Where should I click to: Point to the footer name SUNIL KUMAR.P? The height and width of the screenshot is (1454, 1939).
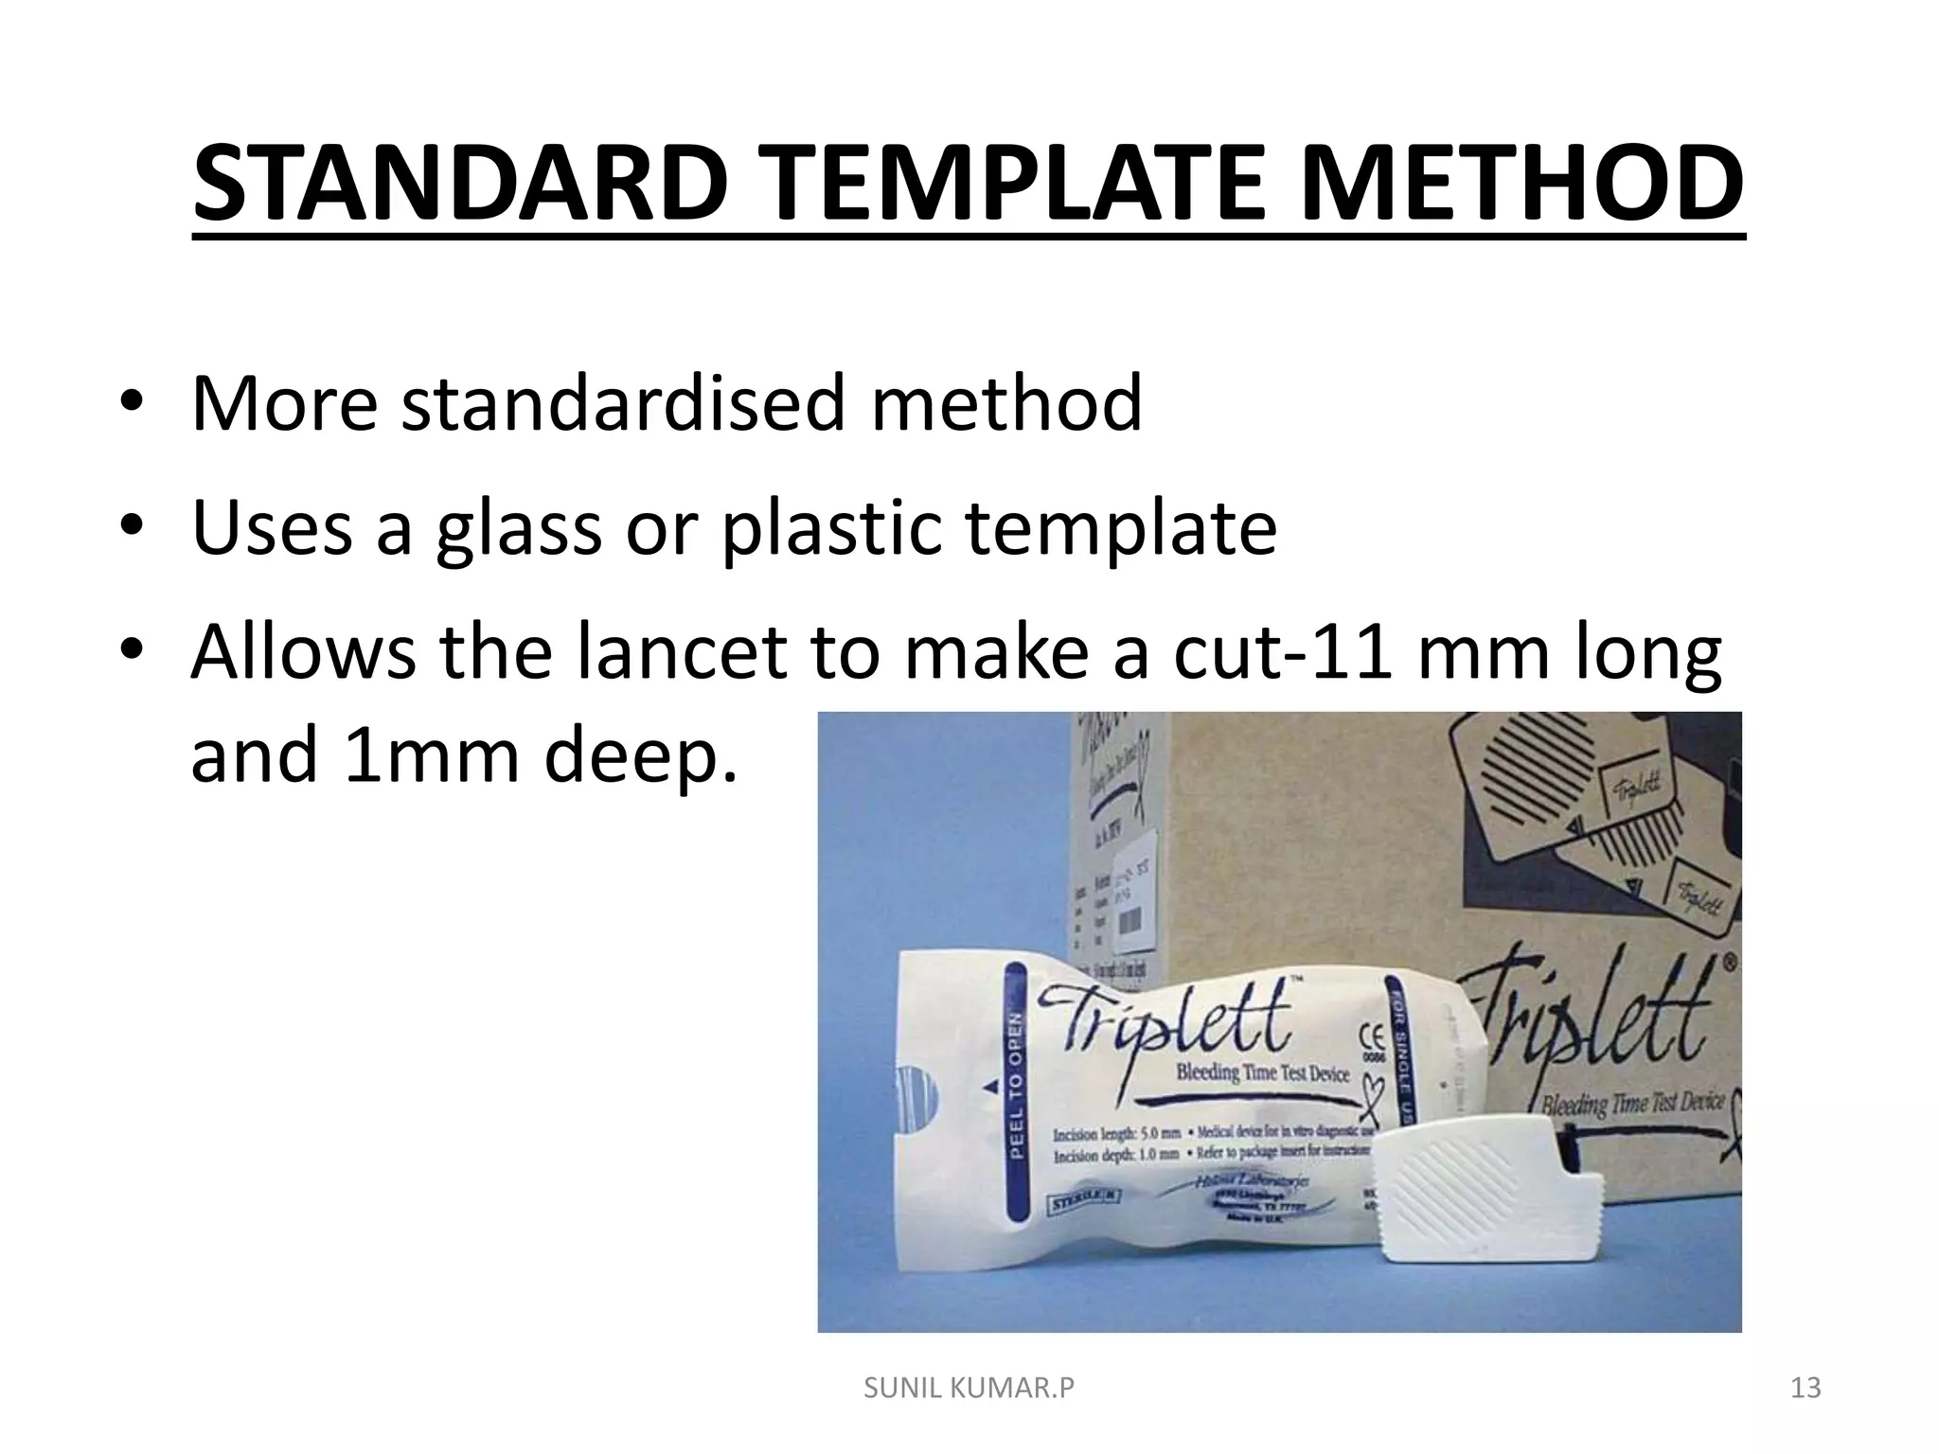tap(969, 1389)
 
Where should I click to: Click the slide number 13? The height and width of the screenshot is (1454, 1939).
tap(1806, 1389)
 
